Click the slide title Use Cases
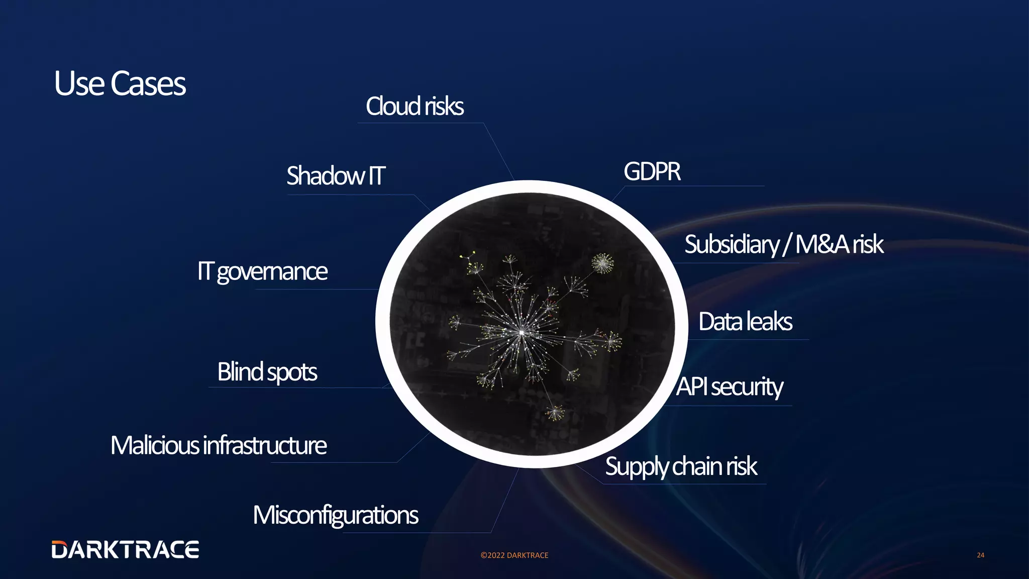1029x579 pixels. pyautogui.click(x=120, y=83)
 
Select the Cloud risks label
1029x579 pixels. pyautogui.click(x=415, y=107)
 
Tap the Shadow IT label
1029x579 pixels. pyautogui.click(x=336, y=176)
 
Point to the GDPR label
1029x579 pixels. pyautogui.click(x=652, y=172)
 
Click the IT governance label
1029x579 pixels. pyautogui.click(x=262, y=271)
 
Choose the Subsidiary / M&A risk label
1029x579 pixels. pyautogui.click(x=783, y=245)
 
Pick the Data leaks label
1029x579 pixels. pyautogui.click(x=745, y=322)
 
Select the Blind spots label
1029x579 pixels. pyautogui.click(x=267, y=372)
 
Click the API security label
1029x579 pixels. pyautogui.click(x=729, y=387)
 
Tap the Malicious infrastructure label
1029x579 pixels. pyautogui.click(x=219, y=446)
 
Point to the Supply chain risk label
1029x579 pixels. pyautogui.click(x=681, y=466)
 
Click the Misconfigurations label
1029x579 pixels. pyautogui.click(x=335, y=516)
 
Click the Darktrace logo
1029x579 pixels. pyautogui.click(x=125, y=550)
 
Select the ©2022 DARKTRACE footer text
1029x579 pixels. pyautogui.click(x=514, y=555)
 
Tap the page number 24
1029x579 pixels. pyautogui.click(x=980, y=555)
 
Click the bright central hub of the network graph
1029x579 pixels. pyautogui.click(x=522, y=332)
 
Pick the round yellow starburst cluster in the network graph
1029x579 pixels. pyautogui.click(x=602, y=263)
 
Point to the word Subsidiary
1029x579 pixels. pyautogui.click(x=732, y=245)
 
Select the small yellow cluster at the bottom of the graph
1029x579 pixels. pyautogui.click(x=555, y=413)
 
